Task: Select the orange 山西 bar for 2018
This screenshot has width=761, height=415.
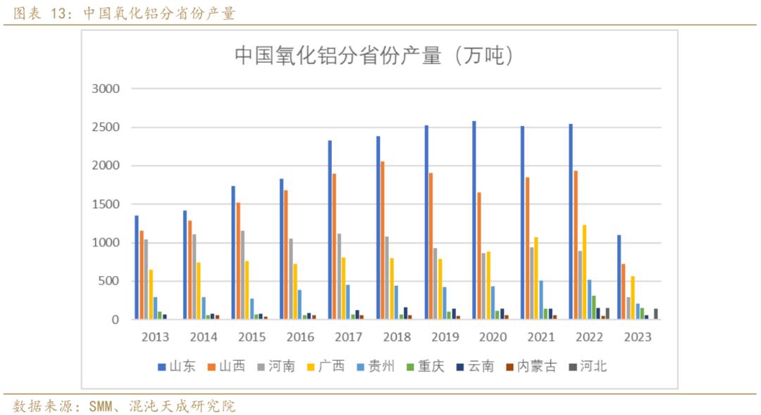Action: coord(383,240)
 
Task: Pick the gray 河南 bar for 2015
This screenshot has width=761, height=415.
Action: coord(243,275)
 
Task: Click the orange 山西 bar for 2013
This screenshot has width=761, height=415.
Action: coord(142,275)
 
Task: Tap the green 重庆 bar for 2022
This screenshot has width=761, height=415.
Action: coord(594,307)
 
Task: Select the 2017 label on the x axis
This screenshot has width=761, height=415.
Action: coord(347,337)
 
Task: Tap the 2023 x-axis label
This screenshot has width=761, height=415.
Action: coord(637,337)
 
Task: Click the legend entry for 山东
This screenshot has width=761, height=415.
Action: coord(176,366)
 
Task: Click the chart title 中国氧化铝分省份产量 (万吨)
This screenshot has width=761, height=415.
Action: coord(373,56)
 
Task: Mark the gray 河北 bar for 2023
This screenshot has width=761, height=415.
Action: coord(656,314)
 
